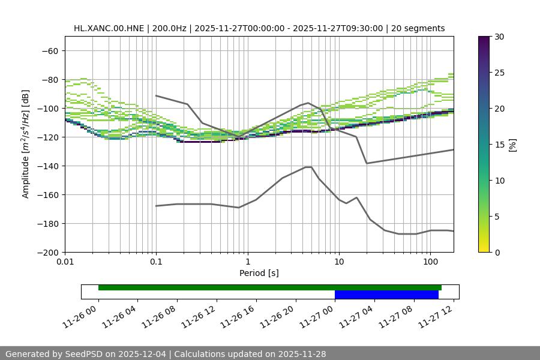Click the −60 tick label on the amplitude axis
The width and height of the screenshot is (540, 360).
(x=49, y=50)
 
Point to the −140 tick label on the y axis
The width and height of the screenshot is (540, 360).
(x=47, y=166)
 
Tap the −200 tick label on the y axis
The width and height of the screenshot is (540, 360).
(x=47, y=252)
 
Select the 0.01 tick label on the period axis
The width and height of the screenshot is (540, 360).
(x=65, y=262)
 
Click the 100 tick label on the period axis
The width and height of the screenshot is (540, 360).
(x=430, y=262)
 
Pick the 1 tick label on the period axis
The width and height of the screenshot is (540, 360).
(x=247, y=262)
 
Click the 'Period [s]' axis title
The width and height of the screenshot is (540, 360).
(x=259, y=273)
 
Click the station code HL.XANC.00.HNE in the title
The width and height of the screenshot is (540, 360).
(x=107, y=28)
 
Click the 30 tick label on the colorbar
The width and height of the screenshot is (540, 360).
(x=499, y=37)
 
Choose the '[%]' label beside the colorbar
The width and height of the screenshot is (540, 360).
(x=512, y=145)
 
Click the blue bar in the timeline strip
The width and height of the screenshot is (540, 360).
(x=386, y=295)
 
